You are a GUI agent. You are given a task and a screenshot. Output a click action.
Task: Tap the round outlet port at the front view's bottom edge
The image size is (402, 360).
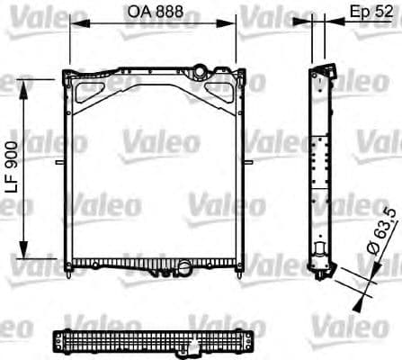(x=185, y=267)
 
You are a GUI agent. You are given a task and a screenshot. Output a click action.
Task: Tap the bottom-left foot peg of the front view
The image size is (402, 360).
(x=69, y=271)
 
